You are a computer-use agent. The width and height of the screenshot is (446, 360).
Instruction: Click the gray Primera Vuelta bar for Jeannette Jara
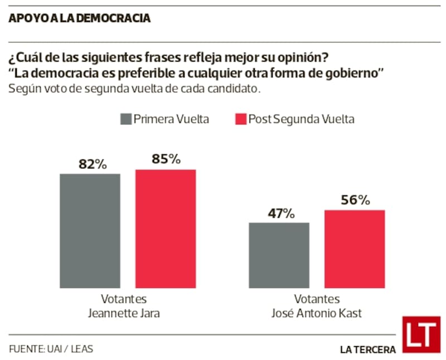(90, 231)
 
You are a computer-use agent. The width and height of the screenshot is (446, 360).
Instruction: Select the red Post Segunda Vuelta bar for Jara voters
(166, 228)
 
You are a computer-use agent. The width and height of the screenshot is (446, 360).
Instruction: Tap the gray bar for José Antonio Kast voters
(279, 255)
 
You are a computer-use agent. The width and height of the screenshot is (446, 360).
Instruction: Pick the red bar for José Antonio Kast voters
(355, 249)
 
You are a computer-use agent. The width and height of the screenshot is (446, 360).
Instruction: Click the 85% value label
(166, 159)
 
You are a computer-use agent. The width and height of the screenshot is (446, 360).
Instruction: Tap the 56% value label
(355, 200)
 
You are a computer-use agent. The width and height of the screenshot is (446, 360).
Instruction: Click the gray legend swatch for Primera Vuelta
(125, 119)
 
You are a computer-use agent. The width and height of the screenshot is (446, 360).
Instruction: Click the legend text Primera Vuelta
(171, 119)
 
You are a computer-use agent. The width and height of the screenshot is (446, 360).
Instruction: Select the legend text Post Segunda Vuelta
(301, 119)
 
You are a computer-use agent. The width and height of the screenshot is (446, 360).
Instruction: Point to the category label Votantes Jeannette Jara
(124, 306)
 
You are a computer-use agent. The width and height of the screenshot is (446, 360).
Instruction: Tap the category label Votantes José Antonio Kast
(316, 306)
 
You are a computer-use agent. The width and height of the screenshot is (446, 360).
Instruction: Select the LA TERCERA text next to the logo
(368, 349)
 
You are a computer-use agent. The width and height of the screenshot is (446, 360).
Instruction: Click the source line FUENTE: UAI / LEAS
(51, 349)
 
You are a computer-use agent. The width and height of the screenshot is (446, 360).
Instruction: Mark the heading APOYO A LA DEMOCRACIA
(80, 18)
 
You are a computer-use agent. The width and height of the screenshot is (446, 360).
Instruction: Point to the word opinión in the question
(303, 58)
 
